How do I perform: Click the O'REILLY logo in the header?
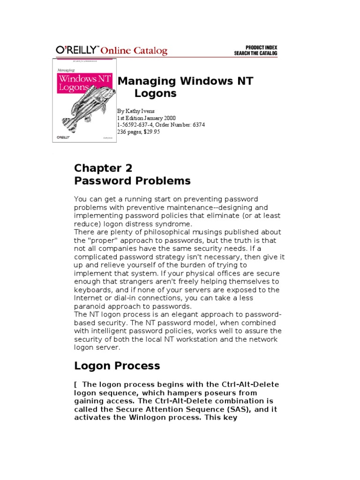pyautogui.click(x=77, y=51)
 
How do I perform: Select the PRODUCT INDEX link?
pyautogui.click(x=261, y=47)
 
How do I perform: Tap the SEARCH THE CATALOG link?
pyautogui.click(x=255, y=53)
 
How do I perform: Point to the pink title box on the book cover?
pyautogui.click(x=84, y=83)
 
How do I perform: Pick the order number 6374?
pyautogui.click(x=197, y=125)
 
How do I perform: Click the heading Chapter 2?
pyautogui.click(x=103, y=168)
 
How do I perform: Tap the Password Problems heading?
pyautogui.click(x=132, y=181)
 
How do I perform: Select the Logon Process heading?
pyautogui.click(x=117, y=366)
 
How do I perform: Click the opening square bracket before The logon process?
pyautogui.click(x=75, y=385)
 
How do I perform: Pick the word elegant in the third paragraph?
pyautogui.click(x=166, y=315)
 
